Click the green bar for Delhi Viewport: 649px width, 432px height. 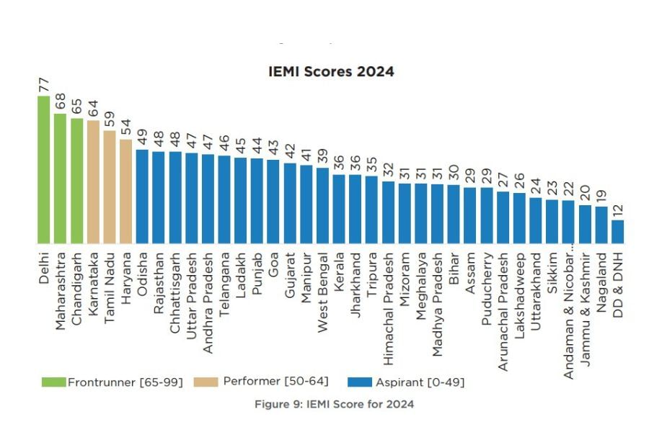[44, 170]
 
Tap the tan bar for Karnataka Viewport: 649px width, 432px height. [93, 182]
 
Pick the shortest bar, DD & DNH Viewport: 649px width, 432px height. [617, 232]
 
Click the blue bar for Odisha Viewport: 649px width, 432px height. [142, 196]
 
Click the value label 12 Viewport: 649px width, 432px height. [617, 210]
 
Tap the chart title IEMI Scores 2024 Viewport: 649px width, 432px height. [332, 72]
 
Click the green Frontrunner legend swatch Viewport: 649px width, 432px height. [54, 382]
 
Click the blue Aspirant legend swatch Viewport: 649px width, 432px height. [359, 382]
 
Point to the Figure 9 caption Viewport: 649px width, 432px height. [335, 404]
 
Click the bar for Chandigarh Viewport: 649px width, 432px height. [77, 181]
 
